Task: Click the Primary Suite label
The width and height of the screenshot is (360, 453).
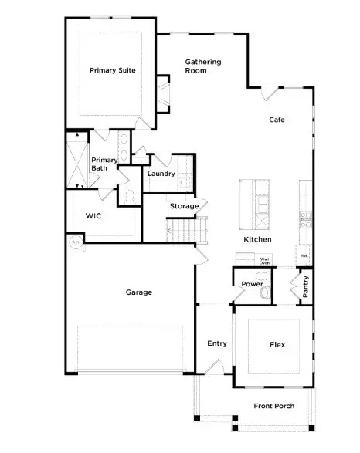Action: tap(113, 70)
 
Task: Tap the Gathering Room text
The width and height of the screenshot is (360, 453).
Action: tap(202, 66)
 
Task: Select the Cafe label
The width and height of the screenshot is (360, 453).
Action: tap(277, 120)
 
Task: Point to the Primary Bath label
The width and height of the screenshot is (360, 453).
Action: tap(104, 164)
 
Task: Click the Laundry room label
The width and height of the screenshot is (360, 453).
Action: tap(161, 174)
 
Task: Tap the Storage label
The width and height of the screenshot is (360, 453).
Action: tap(184, 206)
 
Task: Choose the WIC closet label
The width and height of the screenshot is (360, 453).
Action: tap(94, 216)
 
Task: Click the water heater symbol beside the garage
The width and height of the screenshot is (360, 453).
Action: tap(76, 242)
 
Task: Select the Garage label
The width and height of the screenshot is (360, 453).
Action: tap(139, 292)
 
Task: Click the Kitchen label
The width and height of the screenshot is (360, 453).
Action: tap(257, 240)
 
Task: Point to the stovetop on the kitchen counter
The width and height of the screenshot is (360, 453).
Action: tap(304, 218)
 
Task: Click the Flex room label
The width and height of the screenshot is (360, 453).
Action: tap(277, 345)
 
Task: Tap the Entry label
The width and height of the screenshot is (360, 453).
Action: tap(217, 343)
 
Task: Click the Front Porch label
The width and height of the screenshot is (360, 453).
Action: tap(274, 406)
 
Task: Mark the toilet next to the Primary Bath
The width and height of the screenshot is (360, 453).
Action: tap(128, 197)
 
